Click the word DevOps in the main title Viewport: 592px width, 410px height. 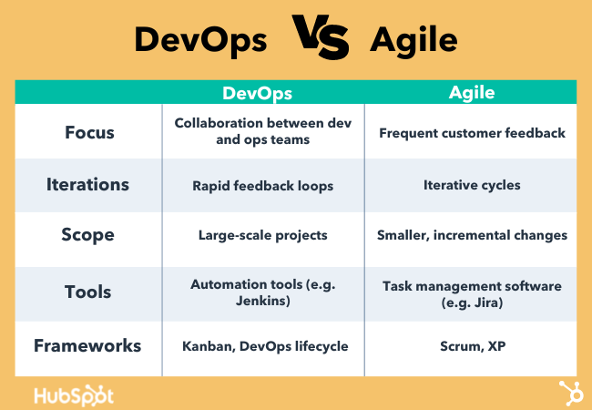[x=201, y=41]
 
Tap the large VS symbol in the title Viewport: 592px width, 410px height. [x=321, y=37]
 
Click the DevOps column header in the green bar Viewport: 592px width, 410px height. [x=257, y=93]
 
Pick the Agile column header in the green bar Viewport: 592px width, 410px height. [x=472, y=93]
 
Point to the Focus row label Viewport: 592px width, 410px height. [x=89, y=132]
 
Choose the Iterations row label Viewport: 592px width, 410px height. [x=87, y=185]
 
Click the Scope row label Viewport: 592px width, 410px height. [x=87, y=235]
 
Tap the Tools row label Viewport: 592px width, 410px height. [x=88, y=292]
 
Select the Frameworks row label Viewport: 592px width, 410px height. [x=87, y=346]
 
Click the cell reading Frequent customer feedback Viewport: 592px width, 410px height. [x=472, y=133]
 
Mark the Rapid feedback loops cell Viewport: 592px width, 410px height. [x=263, y=186]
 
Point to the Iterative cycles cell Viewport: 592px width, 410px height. [x=472, y=185]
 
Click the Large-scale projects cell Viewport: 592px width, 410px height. [x=263, y=236]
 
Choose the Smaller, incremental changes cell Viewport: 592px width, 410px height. [x=472, y=235]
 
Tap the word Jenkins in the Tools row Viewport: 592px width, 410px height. [x=260, y=301]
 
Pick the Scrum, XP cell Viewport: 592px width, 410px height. [x=473, y=346]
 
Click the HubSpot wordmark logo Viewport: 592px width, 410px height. [x=74, y=396]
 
